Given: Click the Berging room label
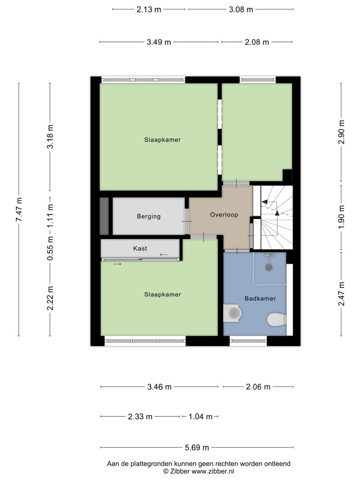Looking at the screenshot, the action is [149, 217].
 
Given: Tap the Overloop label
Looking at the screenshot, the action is [224, 215].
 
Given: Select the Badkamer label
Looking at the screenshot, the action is [260, 299].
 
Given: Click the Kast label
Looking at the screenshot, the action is [140, 248].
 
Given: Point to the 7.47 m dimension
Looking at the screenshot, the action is [19, 210].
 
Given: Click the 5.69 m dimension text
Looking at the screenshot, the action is [197, 448].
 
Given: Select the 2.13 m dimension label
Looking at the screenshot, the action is [149, 9].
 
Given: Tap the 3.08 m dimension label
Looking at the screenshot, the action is [241, 9].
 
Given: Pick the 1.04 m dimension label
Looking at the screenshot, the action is [200, 417].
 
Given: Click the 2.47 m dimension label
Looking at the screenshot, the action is [341, 294].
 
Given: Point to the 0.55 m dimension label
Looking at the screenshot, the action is [50, 248].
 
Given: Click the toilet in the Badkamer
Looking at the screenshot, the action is [277, 320].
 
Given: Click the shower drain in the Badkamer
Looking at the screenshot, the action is [269, 267].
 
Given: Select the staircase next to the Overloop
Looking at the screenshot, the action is [277, 217].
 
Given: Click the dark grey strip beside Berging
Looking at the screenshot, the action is [105, 216].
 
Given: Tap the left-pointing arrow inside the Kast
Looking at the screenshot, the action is [164, 255].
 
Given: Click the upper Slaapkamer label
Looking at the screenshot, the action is [163, 140].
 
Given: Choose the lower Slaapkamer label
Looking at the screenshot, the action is [163, 294].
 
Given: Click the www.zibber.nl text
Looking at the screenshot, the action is [213, 472].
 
